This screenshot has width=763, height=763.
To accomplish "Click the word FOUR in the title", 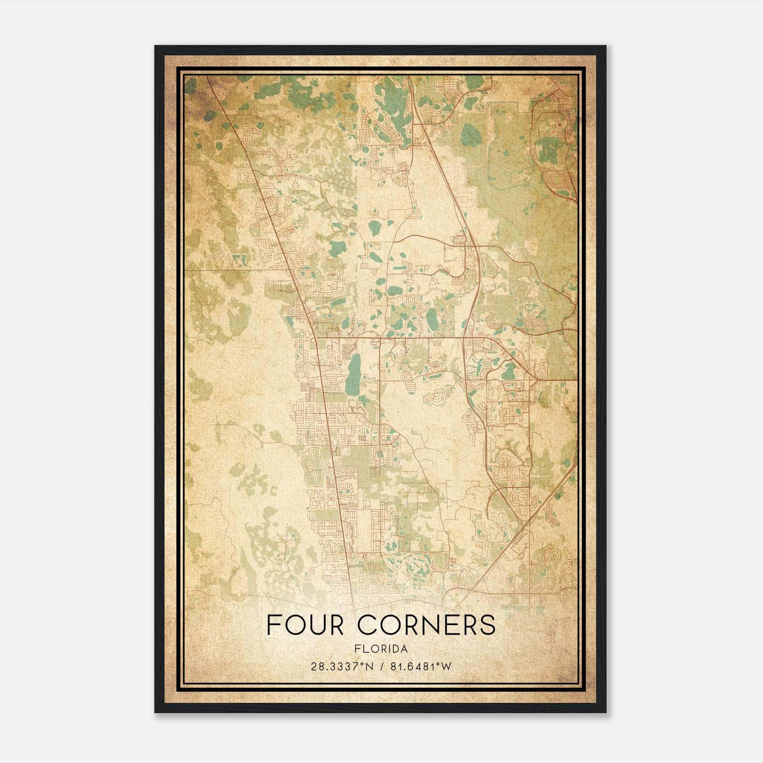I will pos(305,625).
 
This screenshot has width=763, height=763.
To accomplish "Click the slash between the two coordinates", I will pos(381,666).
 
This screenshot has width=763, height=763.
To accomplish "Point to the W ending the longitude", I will pos(446,666).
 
